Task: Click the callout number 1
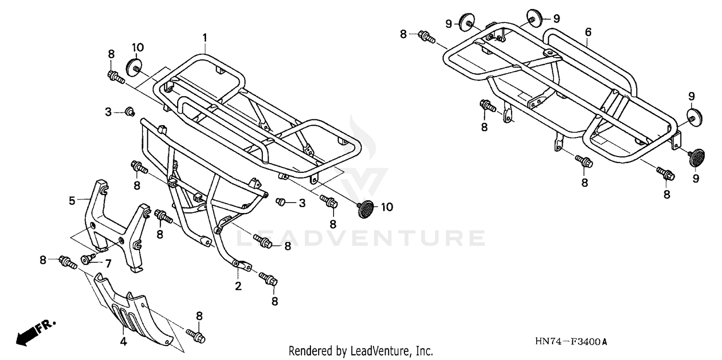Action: tap(205, 37)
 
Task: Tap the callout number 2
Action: tap(238, 287)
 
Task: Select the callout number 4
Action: tap(123, 342)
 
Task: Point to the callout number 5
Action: tap(72, 201)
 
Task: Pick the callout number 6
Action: tap(588, 32)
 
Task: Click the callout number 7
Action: tap(108, 263)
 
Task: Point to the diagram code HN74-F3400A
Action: tap(571, 342)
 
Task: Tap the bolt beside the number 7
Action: tap(88, 260)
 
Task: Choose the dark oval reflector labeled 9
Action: tap(696, 157)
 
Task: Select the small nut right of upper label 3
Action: tap(129, 112)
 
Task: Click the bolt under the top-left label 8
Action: tap(115, 77)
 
